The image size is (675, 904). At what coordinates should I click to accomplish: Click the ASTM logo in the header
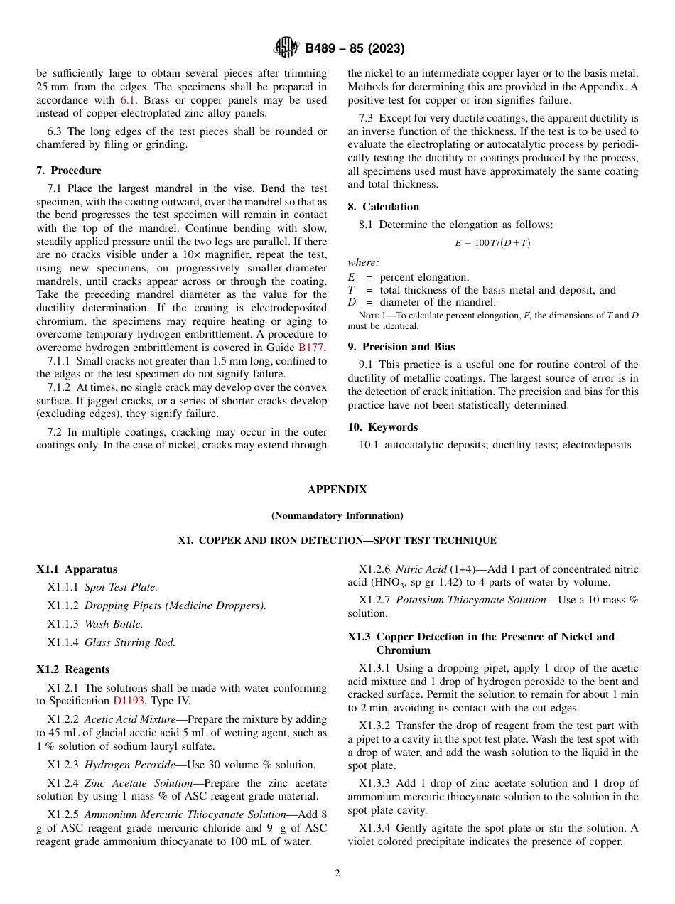[287, 48]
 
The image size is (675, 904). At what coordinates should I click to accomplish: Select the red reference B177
[310, 348]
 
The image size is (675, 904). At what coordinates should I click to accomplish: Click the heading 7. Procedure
[68, 171]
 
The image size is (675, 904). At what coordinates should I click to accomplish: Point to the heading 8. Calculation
[383, 207]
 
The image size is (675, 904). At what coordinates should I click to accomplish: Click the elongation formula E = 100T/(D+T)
[492, 243]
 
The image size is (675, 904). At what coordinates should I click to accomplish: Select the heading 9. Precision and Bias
[401, 347]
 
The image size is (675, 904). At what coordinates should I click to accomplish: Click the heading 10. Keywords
[382, 427]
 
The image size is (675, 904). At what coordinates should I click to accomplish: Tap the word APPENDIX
[337, 490]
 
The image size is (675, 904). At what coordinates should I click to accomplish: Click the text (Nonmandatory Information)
[337, 515]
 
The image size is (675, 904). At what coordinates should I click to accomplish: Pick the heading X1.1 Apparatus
[77, 569]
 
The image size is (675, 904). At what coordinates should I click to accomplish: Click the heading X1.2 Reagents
[73, 669]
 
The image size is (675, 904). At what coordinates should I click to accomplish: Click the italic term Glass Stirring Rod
[130, 642]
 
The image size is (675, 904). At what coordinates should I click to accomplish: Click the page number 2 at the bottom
[337, 873]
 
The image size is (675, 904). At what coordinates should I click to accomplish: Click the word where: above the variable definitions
[363, 263]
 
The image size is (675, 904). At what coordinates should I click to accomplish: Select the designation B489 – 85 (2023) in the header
[355, 48]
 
